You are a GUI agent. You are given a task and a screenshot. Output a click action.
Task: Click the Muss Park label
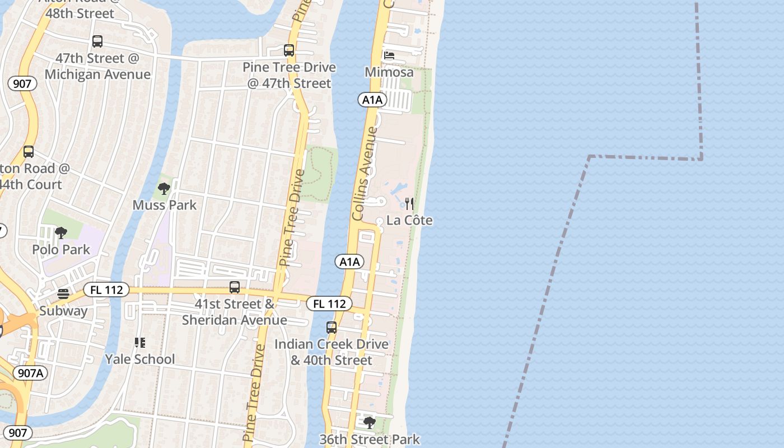[165, 205]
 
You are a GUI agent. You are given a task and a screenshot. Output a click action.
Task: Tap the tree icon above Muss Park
[164, 189]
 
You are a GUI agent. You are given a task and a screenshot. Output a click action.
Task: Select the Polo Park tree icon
[61, 233]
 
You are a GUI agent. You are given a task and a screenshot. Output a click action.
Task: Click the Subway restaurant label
[63, 311]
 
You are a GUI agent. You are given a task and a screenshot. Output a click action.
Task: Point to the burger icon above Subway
[63, 294]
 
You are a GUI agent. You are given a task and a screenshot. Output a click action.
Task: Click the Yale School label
[140, 359]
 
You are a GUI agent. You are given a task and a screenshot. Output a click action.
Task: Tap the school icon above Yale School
[140, 342]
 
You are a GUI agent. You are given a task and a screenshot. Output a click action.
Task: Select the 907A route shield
[30, 373]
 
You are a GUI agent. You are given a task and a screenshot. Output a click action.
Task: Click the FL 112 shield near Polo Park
[106, 290]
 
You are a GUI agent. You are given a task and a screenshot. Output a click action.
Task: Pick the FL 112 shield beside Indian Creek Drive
[329, 304]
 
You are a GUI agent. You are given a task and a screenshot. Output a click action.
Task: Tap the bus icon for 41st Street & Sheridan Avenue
[235, 287]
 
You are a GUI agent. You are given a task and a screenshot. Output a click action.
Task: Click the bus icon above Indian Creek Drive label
[332, 327]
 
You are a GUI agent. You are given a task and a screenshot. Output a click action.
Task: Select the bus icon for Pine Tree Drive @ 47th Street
[289, 50]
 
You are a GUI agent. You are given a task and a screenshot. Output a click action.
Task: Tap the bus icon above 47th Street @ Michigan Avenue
[97, 41]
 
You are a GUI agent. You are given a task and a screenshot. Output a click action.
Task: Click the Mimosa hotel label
[389, 72]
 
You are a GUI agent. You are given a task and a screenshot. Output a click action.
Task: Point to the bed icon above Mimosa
[389, 55]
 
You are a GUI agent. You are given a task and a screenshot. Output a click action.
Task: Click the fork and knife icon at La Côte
[410, 203]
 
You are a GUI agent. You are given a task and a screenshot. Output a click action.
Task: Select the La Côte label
[409, 220]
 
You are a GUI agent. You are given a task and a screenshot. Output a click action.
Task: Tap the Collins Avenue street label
[366, 174]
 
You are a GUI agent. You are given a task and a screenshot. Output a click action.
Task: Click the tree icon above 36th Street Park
[369, 422]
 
